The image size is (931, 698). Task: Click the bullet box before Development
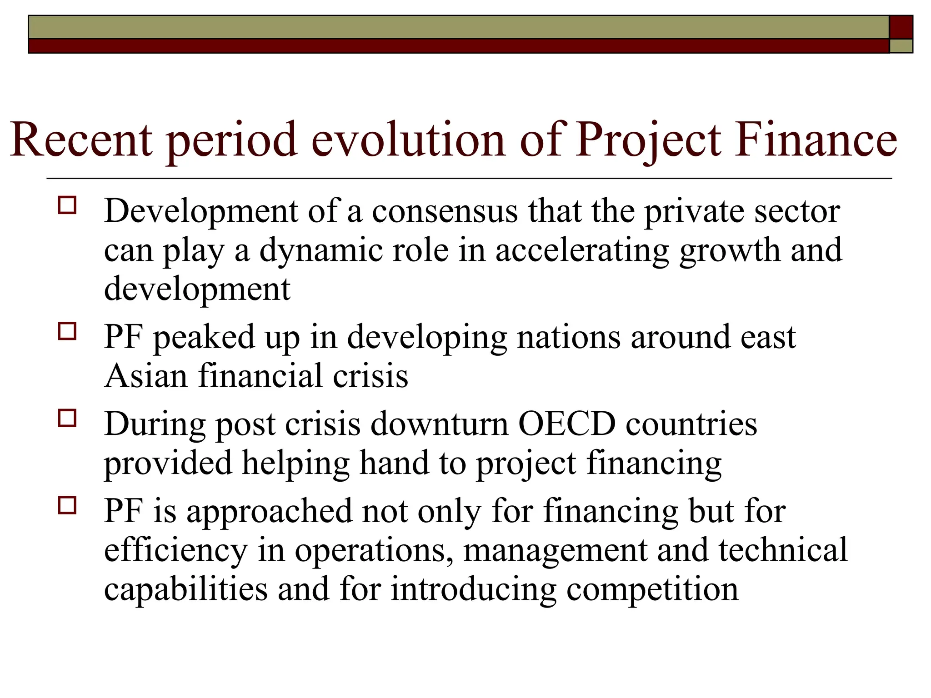(67, 205)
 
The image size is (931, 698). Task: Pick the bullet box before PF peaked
(67, 331)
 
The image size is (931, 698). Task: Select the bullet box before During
(67, 418)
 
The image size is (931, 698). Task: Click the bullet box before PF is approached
(67, 505)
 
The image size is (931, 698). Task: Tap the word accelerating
(582, 251)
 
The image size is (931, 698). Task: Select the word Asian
(145, 376)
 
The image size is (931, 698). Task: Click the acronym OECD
(567, 424)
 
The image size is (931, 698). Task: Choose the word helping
(295, 464)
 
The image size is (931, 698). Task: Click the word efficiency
(175, 550)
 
